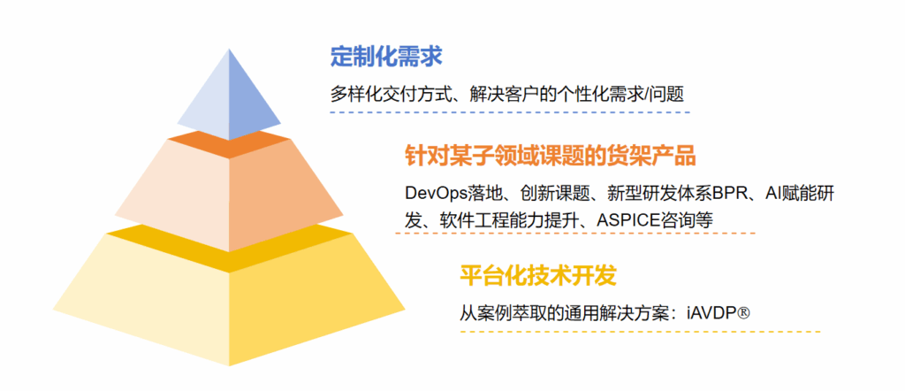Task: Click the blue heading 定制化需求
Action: [x=386, y=57]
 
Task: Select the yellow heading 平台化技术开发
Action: [x=538, y=275]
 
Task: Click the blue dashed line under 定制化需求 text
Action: [x=510, y=112]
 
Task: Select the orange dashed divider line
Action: [x=575, y=233]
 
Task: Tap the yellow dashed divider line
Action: [x=640, y=332]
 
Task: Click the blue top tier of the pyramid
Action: [x=229, y=96]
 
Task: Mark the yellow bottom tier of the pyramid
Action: [x=229, y=300]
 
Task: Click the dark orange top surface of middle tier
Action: [x=229, y=144]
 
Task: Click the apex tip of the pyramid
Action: [x=229, y=49]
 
